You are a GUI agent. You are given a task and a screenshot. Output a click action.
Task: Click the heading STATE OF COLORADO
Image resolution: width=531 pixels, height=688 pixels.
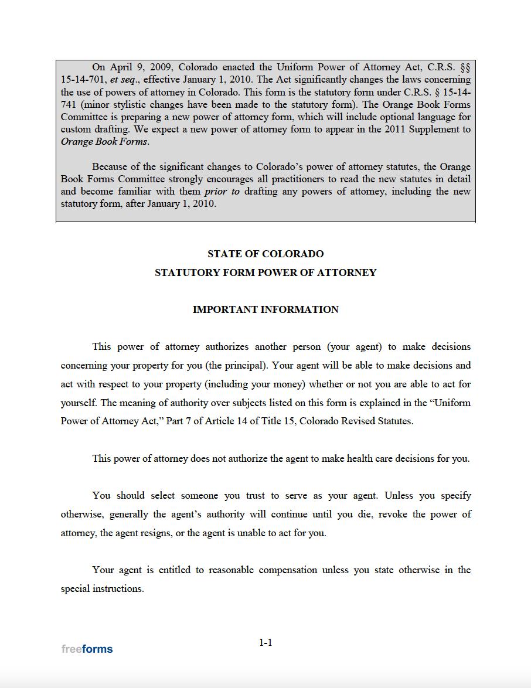265,254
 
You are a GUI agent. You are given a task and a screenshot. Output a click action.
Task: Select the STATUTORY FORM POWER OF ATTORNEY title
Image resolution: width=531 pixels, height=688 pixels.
265,273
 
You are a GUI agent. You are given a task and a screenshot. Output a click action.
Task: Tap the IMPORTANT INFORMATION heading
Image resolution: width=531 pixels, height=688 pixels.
265,309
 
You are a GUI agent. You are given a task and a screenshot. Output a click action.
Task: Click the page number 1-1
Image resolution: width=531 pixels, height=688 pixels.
265,642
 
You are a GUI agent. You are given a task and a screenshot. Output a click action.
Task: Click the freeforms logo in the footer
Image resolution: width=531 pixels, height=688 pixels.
87,649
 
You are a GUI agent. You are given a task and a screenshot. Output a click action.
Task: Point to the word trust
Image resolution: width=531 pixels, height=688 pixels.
255,495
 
